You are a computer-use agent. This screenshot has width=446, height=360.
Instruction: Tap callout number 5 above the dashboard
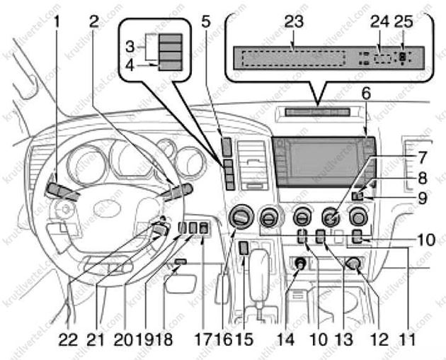click(205, 21)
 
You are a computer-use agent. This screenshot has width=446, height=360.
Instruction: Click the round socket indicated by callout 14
click(300, 264)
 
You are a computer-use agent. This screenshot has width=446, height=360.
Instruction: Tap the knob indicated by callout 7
click(329, 215)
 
